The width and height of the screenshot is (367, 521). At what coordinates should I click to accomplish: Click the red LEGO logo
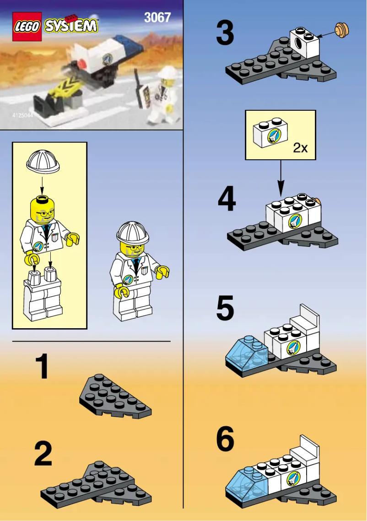click(x=27, y=27)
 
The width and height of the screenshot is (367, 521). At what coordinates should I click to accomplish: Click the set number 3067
click(x=157, y=18)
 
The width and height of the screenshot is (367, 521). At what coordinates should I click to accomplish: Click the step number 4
click(x=227, y=201)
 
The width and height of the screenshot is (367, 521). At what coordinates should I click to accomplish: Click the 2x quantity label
click(x=301, y=147)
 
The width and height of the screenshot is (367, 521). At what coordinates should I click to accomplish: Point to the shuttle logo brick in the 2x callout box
click(x=270, y=135)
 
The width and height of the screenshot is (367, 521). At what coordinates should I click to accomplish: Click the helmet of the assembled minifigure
click(x=133, y=232)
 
